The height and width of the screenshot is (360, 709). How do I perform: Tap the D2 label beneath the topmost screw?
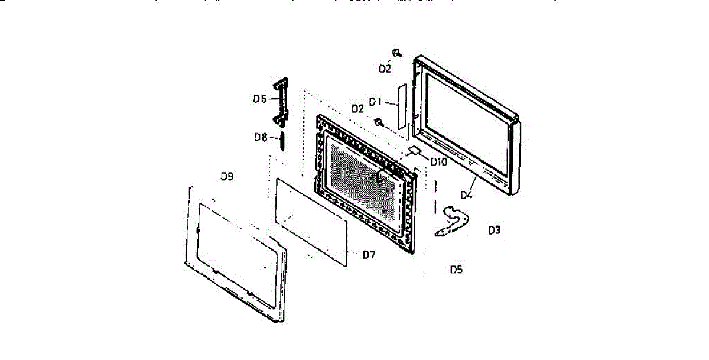click(385, 69)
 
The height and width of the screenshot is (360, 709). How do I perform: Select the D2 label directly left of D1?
click(357, 109)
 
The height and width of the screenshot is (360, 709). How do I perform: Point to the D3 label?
click(495, 231)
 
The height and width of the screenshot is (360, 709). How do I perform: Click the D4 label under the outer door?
click(467, 193)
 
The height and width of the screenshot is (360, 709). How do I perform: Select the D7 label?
click(260, 138)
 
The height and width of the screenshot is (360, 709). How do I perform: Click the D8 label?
click(227, 176)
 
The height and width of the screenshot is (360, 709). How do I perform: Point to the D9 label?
click(438, 161)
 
